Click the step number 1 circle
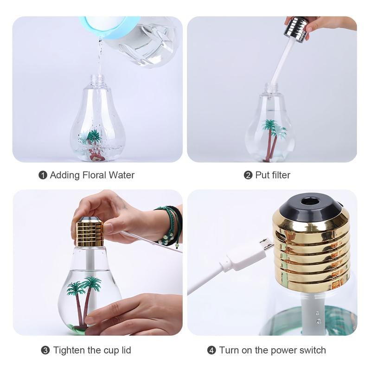pos(43,175)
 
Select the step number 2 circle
pos(248,175)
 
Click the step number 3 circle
pos(45,350)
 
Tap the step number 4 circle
pos(211,350)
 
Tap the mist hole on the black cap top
pos(308,201)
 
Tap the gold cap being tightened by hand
pos(90,232)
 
